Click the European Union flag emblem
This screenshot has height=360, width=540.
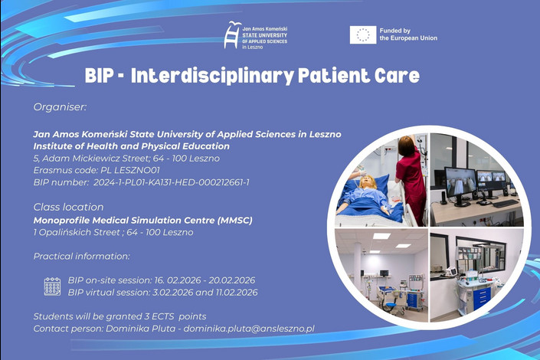pos(362,34)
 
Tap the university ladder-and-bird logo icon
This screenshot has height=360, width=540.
pos(232,35)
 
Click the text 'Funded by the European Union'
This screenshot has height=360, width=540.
pos(409,34)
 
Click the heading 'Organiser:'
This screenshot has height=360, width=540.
pos(60,107)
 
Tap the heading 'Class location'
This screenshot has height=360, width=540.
pos(68,207)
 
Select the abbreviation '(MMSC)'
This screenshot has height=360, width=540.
pos(234,220)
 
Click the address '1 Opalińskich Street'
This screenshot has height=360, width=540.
pos(77,232)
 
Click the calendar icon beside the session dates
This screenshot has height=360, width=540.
pos(52,286)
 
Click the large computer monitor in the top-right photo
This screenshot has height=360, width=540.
pos(460,182)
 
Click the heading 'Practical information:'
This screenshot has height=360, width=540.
pos(81,256)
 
